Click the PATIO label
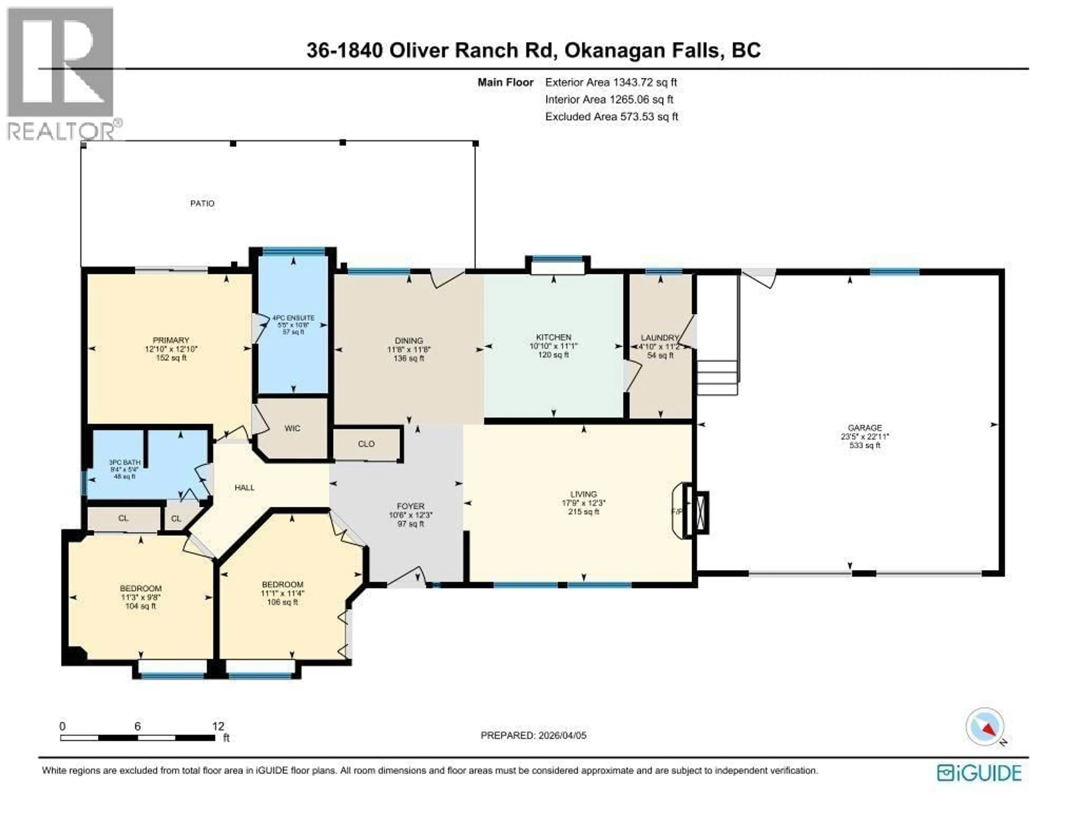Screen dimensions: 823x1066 (202, 203)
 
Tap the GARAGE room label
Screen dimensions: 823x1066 (864, 428)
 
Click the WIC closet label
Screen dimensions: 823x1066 (292, 428)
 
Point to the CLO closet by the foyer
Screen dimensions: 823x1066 (366, 444)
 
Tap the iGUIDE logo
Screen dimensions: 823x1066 (979, 773)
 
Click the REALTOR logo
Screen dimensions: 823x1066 (61, 73)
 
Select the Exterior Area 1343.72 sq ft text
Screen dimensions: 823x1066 (611, 82)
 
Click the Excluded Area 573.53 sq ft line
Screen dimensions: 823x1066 (612, 117)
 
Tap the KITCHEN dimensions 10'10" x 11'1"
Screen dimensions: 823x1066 (554, 346)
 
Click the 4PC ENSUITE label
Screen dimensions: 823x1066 (293, 318)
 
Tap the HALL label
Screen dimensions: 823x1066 (245, 487)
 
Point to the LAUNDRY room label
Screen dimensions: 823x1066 (659, 338)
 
